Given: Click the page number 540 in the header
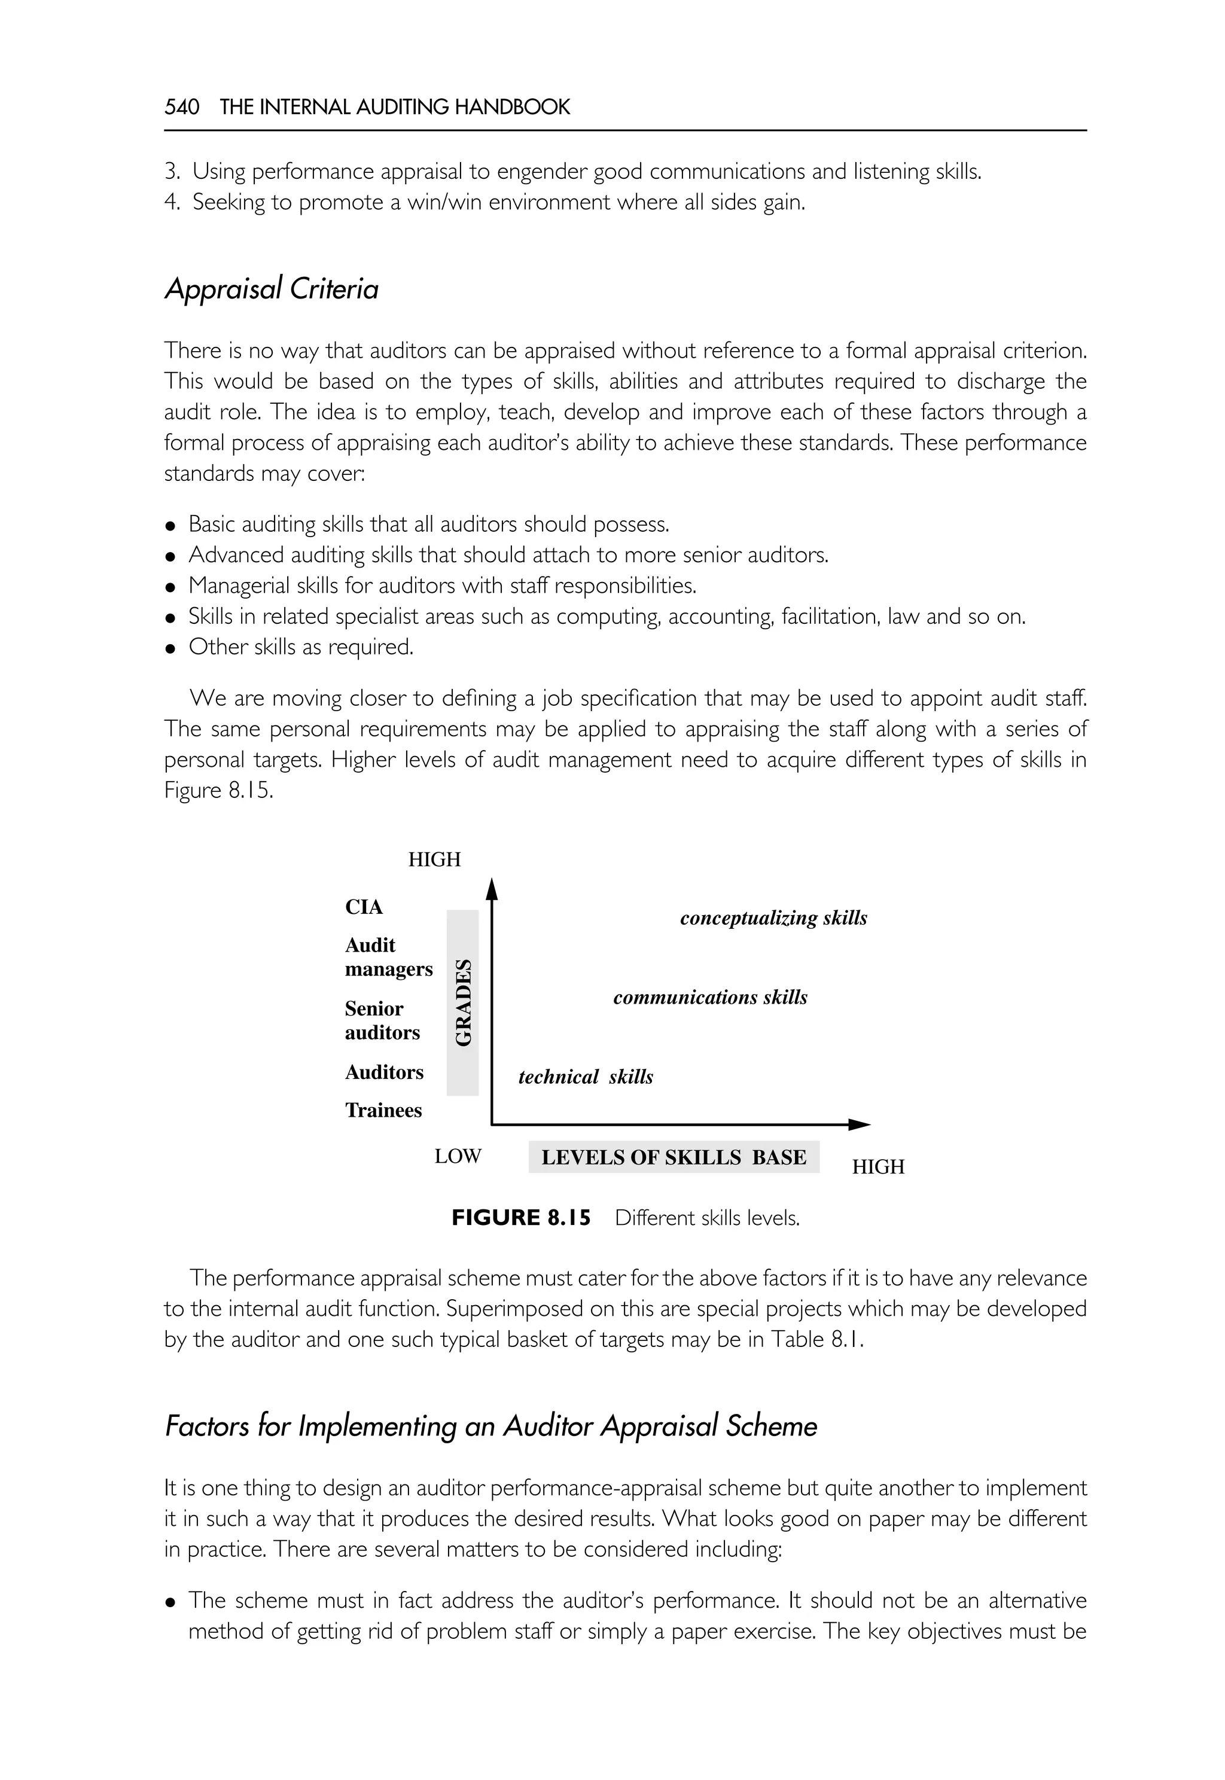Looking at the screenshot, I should click(182, 106).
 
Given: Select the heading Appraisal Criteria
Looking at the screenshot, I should click(272, 289).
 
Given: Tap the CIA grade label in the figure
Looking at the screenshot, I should click(364, 907).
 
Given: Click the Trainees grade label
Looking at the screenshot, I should click(383, 1110).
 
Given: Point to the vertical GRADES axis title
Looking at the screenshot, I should click(463, 1002).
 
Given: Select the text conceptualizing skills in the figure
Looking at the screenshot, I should click(773, 918).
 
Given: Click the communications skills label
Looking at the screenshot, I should click(710, 997).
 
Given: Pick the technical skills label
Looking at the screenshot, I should click(586, 1077).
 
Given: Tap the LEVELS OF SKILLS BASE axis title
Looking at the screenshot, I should click(674, 1157).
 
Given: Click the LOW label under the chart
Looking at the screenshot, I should click(458, 1156).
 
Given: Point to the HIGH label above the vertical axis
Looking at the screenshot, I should click(434, 859).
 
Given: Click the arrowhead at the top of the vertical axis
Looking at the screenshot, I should click(493, 889).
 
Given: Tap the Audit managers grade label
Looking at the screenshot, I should click(388, 957).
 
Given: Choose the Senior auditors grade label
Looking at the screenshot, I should click(382, 1020).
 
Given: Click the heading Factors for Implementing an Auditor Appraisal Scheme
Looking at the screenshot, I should click(491, 1426).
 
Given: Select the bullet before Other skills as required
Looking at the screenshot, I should click(171, 648).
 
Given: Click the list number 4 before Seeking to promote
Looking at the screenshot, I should click(171, 203).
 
